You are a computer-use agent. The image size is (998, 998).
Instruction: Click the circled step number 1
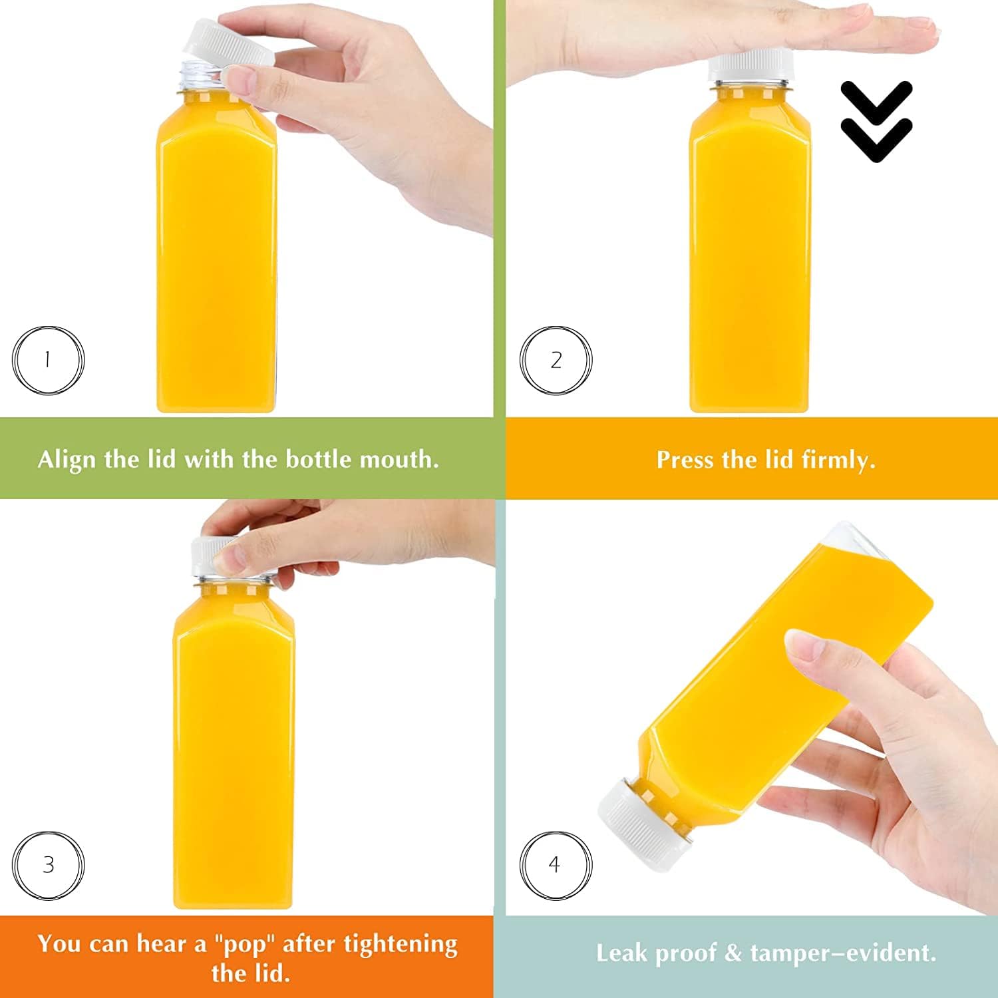[x=48, y=360]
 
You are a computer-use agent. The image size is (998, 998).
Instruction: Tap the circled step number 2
[x=556, y=360]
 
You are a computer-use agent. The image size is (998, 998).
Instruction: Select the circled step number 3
[x=48, y=865]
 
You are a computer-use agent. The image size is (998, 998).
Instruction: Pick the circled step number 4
[x=554, y=865]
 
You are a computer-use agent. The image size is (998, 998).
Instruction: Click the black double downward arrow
[x=876, y=121]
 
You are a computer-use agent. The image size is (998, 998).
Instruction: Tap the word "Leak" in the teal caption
[x=622, y=953]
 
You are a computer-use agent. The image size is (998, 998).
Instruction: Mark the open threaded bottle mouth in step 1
[x=196, y=73]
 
